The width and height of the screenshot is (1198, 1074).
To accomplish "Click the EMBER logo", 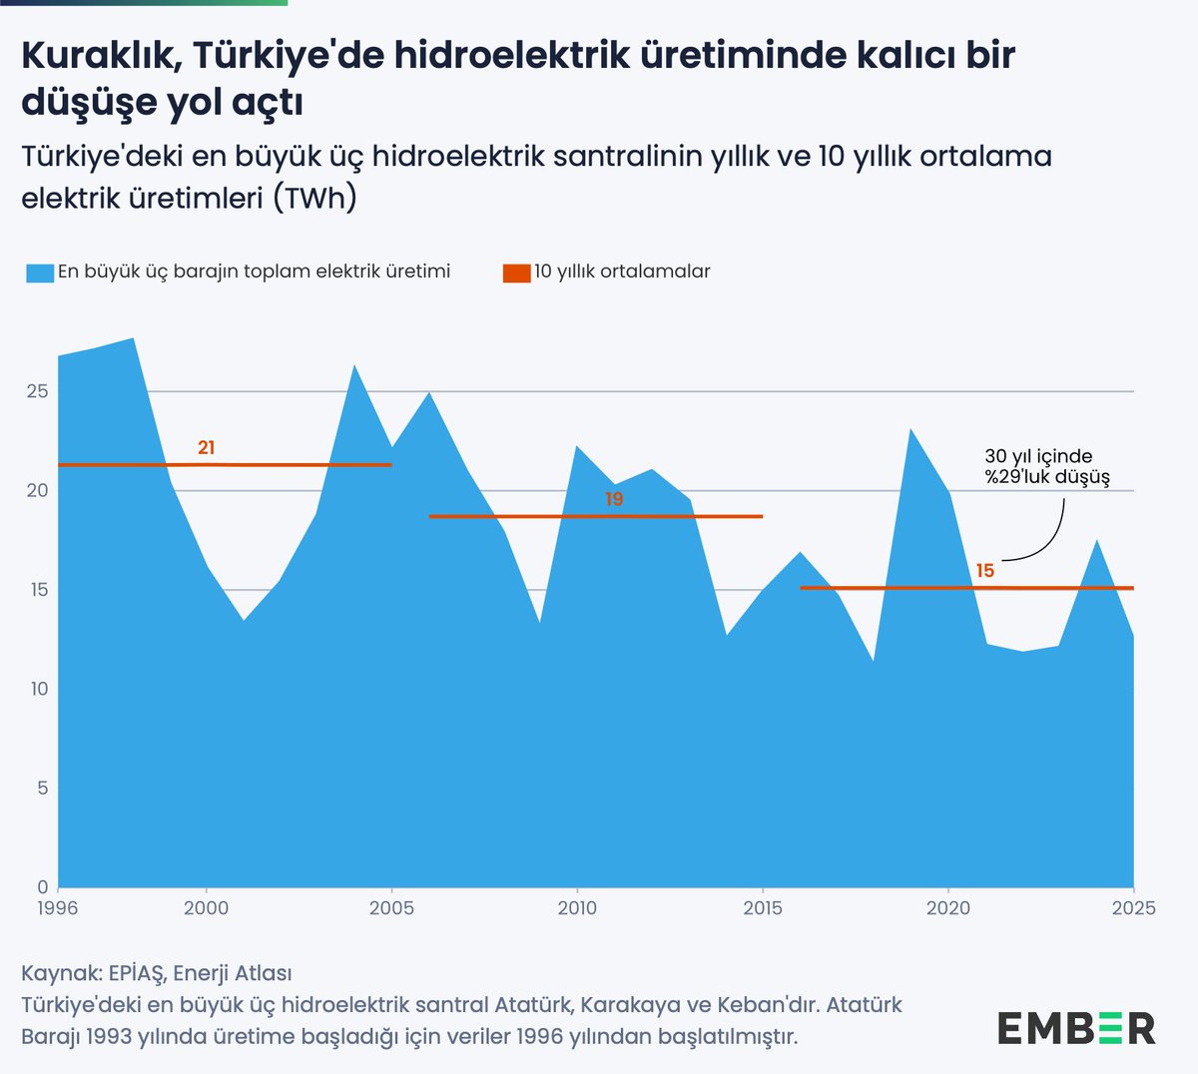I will pyautogui.click(x=1076, y=1028).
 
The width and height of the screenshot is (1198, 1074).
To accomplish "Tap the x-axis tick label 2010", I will pyautogui.click(x=577, y=908).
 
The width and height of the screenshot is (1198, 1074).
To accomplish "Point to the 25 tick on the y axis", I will pyautogui.click(x=37, y=391).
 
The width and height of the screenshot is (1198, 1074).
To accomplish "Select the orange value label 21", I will pyautogui.click(x=206, y=448).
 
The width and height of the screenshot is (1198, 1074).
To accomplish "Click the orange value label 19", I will pyautogui.click(x=614, y=499).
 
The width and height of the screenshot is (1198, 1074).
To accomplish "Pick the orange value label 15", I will pyautogui.click(x=985, y=571).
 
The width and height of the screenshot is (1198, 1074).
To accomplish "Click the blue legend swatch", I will pyautogui.click(x=40, y=272).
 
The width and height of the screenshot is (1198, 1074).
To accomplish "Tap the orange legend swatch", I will pyautogui.click(x=516, y=272).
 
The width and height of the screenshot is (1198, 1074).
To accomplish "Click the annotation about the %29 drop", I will pyautogui.click(x=1046, y=467).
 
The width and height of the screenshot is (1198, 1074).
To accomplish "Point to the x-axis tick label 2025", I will pyautogui.click(x=1134, y=908).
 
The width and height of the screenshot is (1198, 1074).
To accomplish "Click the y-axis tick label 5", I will pyautogui.click(x=42, y=789).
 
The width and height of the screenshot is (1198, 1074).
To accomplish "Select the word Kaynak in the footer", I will pyautogui.click(x=59, y=972).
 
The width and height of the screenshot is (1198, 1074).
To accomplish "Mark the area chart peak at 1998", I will pyautogui.click(x=133, y=338).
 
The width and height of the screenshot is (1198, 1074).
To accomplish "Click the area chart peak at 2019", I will pyautogui.click(x=910, y=429).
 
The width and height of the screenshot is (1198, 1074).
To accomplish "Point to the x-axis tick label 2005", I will pyautogui.click(x=391, y=908).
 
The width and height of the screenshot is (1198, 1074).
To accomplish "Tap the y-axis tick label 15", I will pyautogui.click(x=37, y=590).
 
